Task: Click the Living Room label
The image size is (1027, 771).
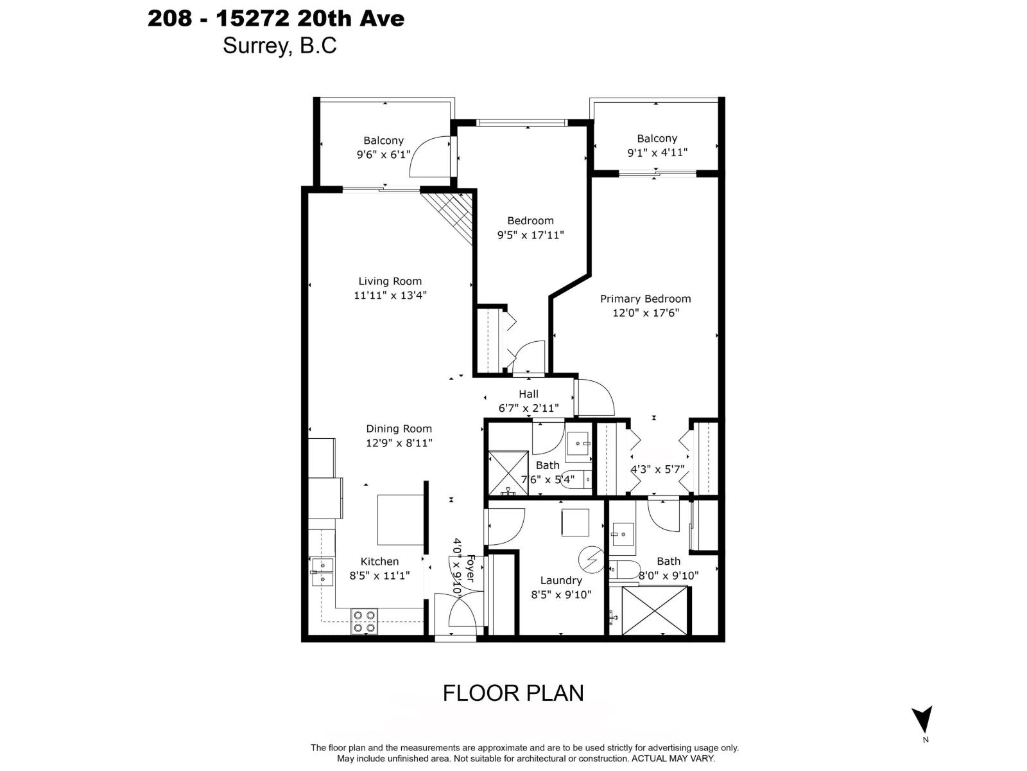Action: pos(390,281)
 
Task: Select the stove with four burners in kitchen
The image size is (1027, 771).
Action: pos(364,621)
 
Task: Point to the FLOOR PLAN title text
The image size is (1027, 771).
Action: pos(513,693)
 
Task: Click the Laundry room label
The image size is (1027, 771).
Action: pos(560,580)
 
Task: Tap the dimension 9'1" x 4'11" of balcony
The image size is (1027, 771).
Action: pos(657,153)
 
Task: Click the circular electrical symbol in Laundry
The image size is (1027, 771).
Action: pos(591,560)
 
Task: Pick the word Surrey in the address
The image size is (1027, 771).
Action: pos(255,46)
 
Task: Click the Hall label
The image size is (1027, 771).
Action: pos(528,394)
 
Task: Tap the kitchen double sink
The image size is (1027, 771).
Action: pos(323,572)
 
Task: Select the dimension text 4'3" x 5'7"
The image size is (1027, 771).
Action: pos(657,470)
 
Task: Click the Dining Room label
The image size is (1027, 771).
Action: pos(399,429)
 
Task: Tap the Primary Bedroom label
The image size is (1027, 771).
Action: pos(645,299)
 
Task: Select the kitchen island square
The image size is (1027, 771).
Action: pos(400,520)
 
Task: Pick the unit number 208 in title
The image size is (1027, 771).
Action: pos(169,19)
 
